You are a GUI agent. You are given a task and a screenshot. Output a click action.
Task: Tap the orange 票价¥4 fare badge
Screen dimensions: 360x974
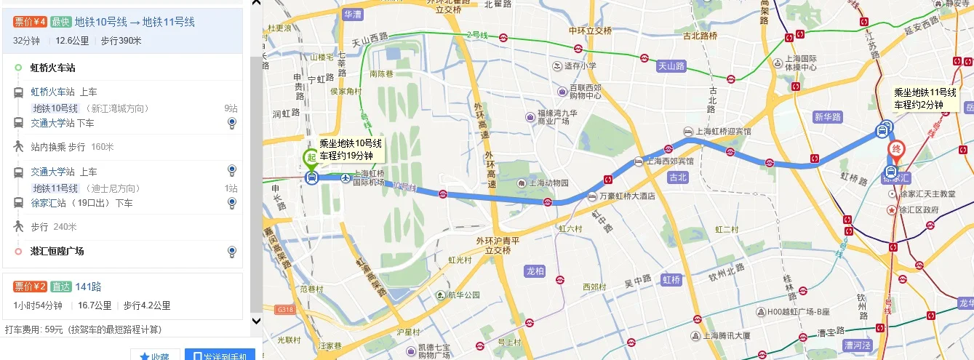(30, 22)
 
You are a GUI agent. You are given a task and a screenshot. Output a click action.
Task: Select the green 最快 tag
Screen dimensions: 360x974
(60, 22)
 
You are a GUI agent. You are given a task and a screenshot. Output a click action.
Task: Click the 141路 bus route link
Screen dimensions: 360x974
(88, 287)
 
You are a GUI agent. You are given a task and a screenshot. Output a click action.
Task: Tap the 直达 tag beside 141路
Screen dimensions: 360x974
(60, 287)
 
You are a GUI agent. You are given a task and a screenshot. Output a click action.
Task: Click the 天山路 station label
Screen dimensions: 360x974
(671, 65)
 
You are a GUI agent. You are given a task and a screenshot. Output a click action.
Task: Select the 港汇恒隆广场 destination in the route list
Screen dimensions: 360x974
(57, 251)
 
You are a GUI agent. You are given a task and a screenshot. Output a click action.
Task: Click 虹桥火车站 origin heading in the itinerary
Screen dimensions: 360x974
(52, 68)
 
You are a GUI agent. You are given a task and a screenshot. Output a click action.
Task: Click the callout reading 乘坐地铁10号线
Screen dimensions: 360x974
(351, 149)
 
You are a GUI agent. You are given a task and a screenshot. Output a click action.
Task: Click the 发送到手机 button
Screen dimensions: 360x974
(220, 355)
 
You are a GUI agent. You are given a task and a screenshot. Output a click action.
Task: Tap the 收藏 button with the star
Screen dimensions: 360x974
(154, 356)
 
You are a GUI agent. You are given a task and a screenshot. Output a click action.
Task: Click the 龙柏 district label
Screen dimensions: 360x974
(535, 271)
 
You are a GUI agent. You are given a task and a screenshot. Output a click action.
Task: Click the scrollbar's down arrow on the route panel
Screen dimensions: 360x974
(256, 320)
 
